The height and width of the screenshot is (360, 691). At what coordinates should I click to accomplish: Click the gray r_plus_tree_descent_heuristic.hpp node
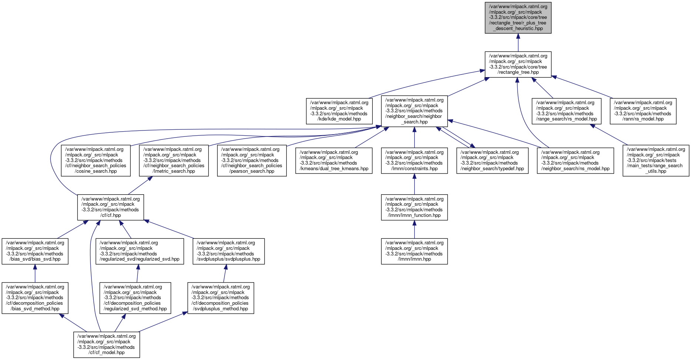[x=518, y=17]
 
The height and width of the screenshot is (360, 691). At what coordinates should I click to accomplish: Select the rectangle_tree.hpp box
[x=518, y=65]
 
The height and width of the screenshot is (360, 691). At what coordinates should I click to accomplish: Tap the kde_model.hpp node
[x=339, y=111]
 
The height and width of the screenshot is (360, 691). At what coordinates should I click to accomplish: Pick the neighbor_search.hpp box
[x=414, y=111]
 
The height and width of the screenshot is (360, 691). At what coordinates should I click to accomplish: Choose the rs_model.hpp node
[x=566, y=111]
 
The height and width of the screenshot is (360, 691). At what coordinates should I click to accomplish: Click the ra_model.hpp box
[x=643, y=111]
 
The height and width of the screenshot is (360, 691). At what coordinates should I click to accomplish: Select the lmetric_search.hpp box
[x=174, y=160]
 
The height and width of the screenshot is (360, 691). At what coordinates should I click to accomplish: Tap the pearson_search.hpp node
[x=252, y=160]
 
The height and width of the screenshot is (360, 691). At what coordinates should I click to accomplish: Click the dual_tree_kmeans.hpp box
[x=334, y=160]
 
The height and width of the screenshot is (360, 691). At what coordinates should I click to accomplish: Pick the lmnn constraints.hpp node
[x=414, y=160]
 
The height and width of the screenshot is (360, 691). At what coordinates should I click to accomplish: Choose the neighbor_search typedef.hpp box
[x=492, y=160]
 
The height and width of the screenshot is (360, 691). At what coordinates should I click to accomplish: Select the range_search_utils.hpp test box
[x=656, y=160]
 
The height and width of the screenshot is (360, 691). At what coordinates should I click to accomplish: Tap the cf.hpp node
[x=110, y=207]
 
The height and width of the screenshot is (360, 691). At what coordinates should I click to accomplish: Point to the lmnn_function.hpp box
[x=414, y=207]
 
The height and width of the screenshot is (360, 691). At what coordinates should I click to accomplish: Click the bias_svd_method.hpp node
[x=35, y=298]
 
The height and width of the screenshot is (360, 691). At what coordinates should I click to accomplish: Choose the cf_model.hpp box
[x=106, y=344]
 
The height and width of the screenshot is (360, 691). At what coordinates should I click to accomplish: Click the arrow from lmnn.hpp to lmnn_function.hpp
[x=414, y=230]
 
